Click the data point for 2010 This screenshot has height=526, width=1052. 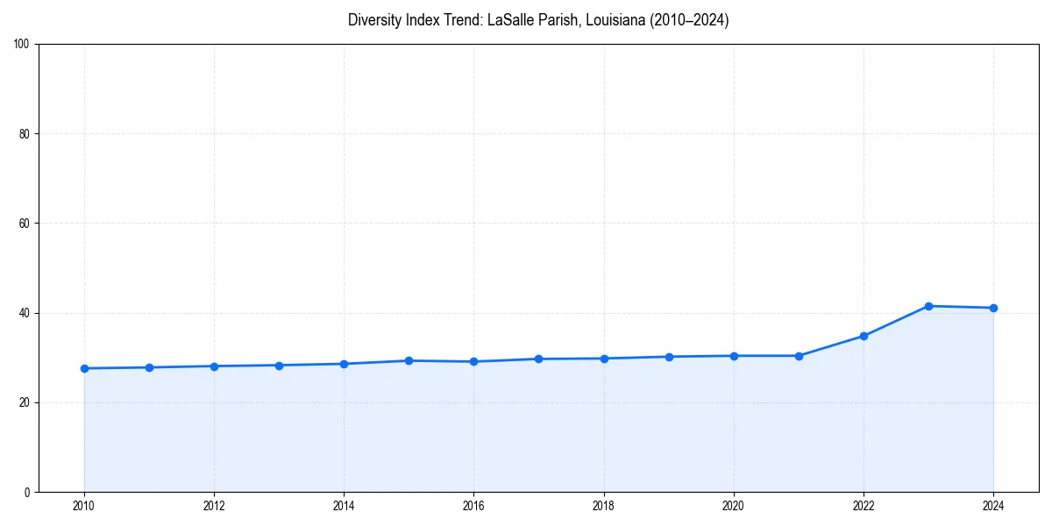(x=84, y=368)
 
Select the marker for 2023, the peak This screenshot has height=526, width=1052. (x=928, y=306)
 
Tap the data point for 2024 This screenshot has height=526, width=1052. (x=993, y=308)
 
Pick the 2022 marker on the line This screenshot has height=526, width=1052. (x=864, y=336)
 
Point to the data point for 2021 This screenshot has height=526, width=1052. (x=799, y=356)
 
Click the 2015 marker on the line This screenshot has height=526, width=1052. (x=409, y=360)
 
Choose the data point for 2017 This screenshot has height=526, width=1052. (x=538, y=359)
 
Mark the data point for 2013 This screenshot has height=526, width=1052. (x=279, y=365)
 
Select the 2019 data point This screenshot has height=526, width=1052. (x=669, y=357)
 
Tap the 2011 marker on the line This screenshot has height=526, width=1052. (x=149, y=367)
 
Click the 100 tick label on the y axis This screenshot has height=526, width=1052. (x=22, y=45)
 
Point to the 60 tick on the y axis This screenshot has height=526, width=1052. (x=25, y=224)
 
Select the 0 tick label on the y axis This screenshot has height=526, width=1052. (x=27, y=492)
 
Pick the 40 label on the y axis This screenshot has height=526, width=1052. (x=25, y=313)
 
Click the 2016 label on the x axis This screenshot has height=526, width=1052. (x=473, y=506)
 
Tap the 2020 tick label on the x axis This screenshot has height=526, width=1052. (x=734, y=506)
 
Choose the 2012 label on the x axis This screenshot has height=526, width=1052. (x=214, y=506)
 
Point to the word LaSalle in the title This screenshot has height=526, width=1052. (x=510, y=20)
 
